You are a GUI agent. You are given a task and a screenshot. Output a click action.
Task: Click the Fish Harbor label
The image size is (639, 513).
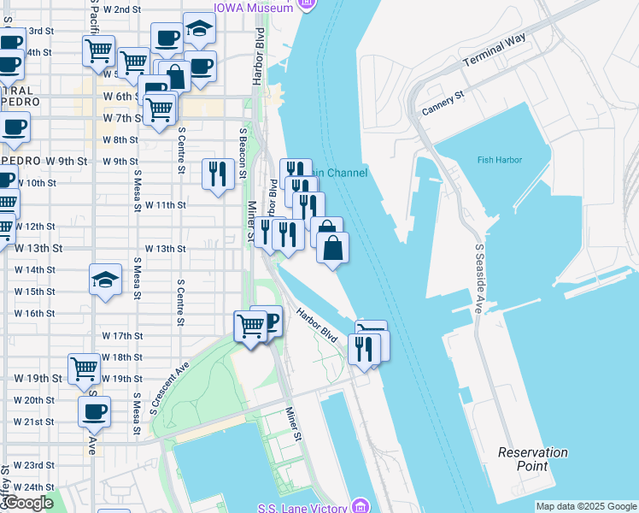coord(500,160)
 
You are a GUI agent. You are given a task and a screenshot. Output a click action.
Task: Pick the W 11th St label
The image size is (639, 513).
coord(166,205)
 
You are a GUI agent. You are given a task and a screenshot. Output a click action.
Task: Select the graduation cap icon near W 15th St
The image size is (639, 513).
coord(105,279)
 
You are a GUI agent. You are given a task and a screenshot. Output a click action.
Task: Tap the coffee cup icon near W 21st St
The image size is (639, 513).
coord(94,411)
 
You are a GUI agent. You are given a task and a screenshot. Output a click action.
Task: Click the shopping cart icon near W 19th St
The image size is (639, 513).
coord(84,369)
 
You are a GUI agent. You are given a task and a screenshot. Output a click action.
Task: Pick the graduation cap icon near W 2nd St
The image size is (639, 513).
coord(199,28)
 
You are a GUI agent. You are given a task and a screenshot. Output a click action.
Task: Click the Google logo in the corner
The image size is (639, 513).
coord(27,503)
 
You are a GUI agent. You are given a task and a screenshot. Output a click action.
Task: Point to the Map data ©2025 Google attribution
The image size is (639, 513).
coord(585,506)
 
